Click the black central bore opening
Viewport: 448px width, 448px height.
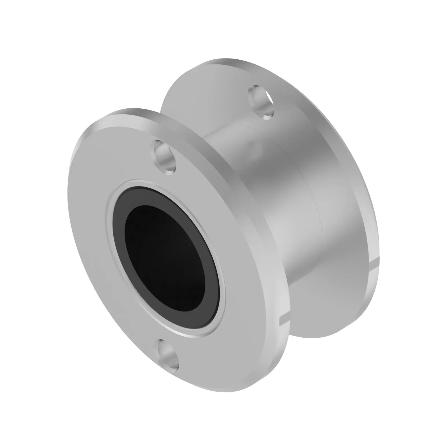click(165, 255)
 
